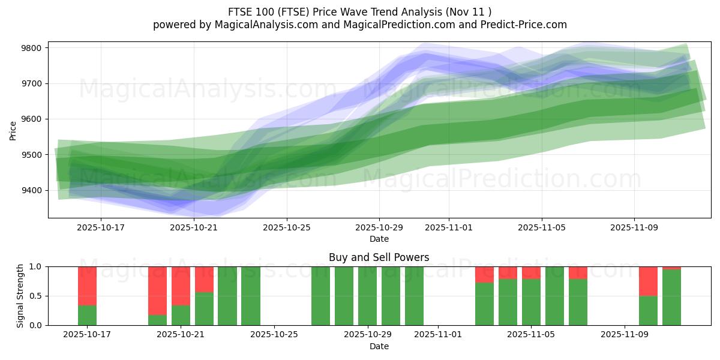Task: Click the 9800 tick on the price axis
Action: tap(33, 48)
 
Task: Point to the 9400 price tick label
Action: tap(33, 191)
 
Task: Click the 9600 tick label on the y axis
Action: tap(33, 119)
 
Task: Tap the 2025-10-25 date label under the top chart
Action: tap(286, 227)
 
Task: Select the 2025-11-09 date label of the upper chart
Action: tap(634, 227)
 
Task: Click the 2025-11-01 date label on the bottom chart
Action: tap(438, 335)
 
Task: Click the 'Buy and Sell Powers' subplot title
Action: tap(379, 257)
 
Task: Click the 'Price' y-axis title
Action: tap(13, 130)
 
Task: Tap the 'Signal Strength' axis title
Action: tap(20, 295)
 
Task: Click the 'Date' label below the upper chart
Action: tap(379, 239)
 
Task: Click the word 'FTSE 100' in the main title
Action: tap(247, 12)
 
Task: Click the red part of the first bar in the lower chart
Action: tap(87, 286)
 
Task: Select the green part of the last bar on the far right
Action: tap(671, 297)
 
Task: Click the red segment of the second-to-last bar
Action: tap(648, 281)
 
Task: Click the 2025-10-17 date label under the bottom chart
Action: tap(87, 335)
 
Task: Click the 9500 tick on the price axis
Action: tap(33, 155)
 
